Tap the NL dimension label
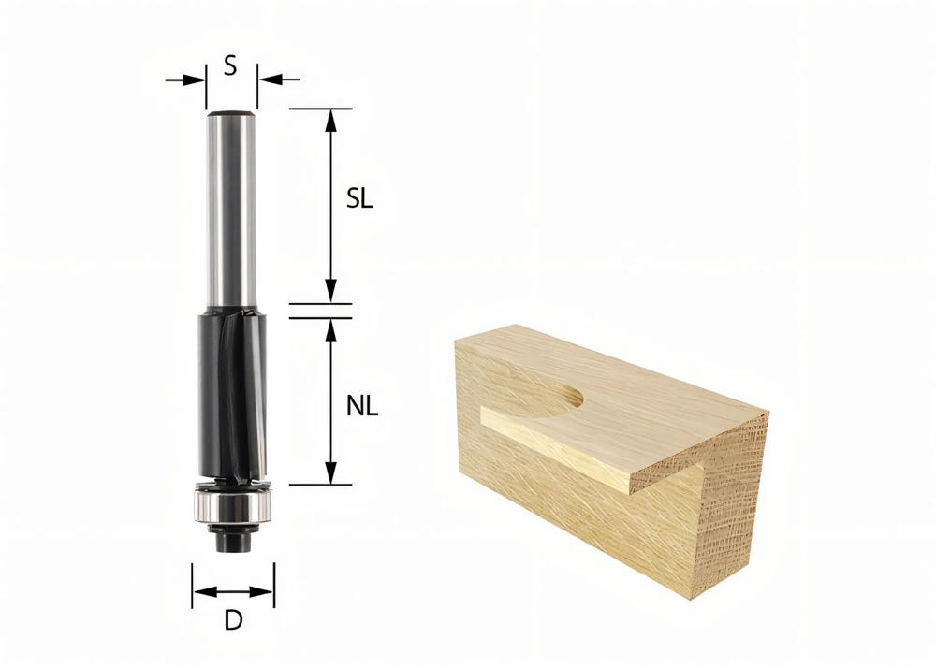click(361, 407)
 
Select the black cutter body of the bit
click(232, 393)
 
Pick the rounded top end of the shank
click(231, 114)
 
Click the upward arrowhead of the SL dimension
click(329, 118)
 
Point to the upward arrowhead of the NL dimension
click(329, 327)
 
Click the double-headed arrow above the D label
click(233, 591)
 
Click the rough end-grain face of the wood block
click(721, 524)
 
